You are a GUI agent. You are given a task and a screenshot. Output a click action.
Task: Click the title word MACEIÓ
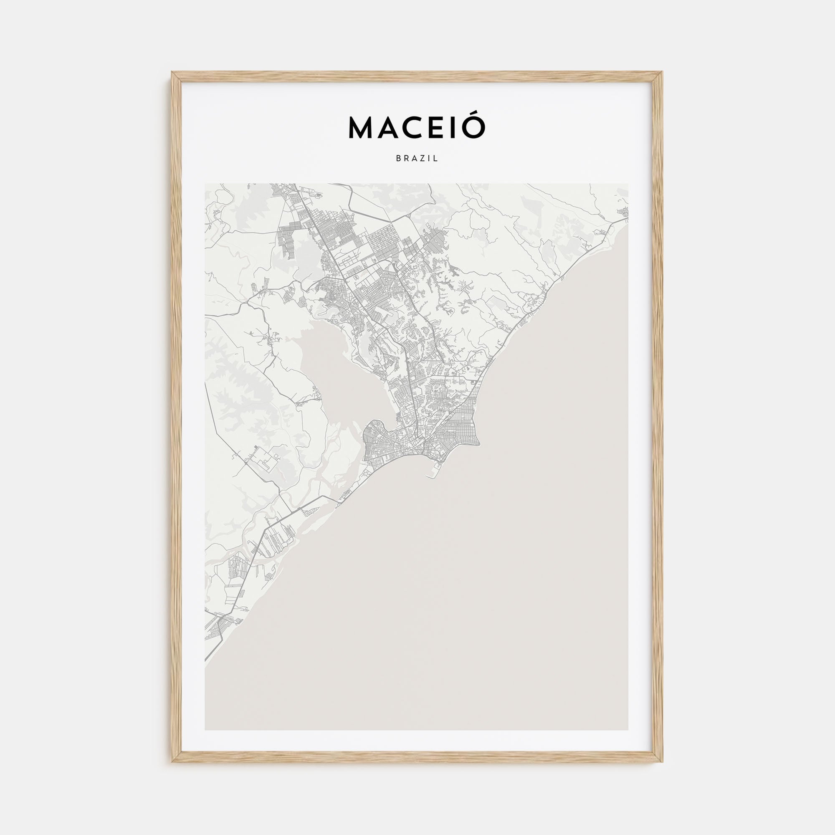click(417, 127)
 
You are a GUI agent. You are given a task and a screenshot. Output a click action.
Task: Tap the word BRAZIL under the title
click(417, 159)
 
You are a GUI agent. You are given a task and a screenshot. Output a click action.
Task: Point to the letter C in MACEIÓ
click(412, 128)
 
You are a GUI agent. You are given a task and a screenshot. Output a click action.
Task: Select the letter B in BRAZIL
click(398, 159)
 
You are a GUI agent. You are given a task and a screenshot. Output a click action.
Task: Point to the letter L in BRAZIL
click(437, 159)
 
